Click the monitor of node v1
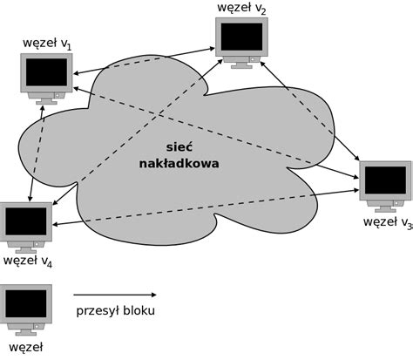click(47, 77)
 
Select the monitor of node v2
click(241, 40)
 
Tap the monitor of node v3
click(384, 184)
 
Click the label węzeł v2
click(242, 8)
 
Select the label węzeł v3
click(387, 223)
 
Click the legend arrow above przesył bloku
click(114, 295)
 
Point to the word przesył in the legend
click(97, 311)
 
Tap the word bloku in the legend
click(139, 310)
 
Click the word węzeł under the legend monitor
click(23, 347)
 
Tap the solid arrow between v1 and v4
click(36, 153)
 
